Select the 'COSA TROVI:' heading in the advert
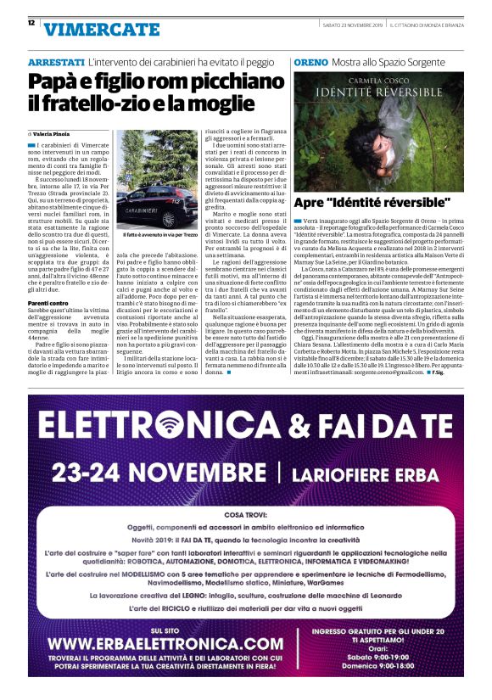pyautogui.click(x=247, y=514)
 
